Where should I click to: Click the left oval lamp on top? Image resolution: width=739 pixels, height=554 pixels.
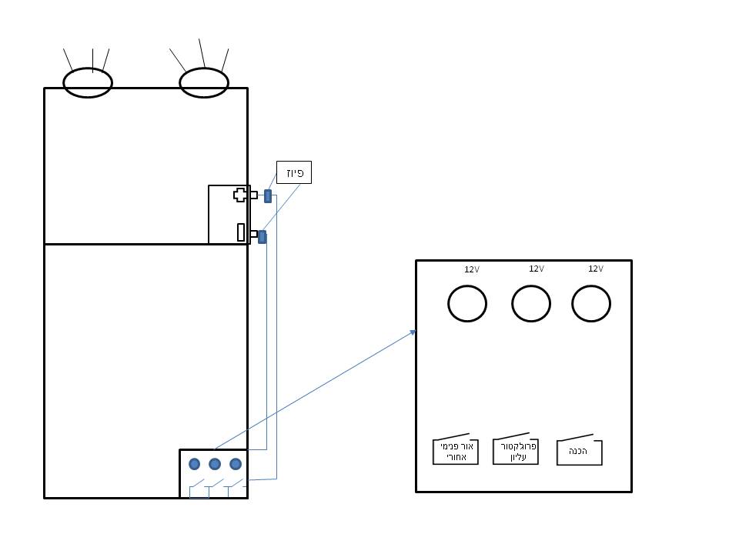pyautogui.click(x=88, y=82)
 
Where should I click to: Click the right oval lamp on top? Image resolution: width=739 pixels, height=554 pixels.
pyautogui.click(x=204, y=82)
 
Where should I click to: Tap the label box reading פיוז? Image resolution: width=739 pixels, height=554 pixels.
pyautogui.click(x=294, y=172)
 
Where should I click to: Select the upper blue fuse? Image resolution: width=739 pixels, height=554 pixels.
pyautogui.click(x=268, y=196)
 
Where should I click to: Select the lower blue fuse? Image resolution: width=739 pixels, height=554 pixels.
pyautogui.click(x=262, y=237)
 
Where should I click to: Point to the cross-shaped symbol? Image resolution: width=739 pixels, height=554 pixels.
pyautogui.click(x=240, y=195)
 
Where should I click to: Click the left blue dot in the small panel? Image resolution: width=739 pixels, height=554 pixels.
pyautogui.click(x=194, y=464)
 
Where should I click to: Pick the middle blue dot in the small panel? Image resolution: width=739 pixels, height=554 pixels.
pyautogui.click(x=215, y=464)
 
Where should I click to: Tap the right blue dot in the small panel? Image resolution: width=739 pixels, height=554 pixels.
pyautogui.click(x=236, y=464)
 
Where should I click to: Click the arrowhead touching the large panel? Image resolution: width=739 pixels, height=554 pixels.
pyautogui.click(x=413, y=332)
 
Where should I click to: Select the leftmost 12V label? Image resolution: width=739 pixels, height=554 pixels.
pyautogui.click(x=472, y=269)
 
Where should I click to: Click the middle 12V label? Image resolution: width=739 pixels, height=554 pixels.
pyautogui.click(x=537, y=269)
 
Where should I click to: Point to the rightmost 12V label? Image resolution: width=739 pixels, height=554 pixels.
pyautogui.click(x=596, y=269)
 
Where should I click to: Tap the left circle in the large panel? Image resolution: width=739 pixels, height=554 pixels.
pyautogui.click(x=467, y=303)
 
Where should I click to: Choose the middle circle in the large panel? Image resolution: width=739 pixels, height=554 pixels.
pyautogui.click(x=531, y=303)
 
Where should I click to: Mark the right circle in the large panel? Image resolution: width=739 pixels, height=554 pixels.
pyautogui.click(x=591, y=303)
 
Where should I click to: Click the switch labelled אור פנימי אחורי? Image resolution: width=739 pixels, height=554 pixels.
pyautogui.click(x=456, y=452)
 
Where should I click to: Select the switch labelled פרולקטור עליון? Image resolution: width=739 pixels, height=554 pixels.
pyautogui.click(x=516, y=452)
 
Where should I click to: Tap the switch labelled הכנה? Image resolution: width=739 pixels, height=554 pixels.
pyautogui.click(x=579, y=452)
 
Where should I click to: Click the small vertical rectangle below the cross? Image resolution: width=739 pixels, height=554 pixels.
pyautogui.click(x=241, y=232)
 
